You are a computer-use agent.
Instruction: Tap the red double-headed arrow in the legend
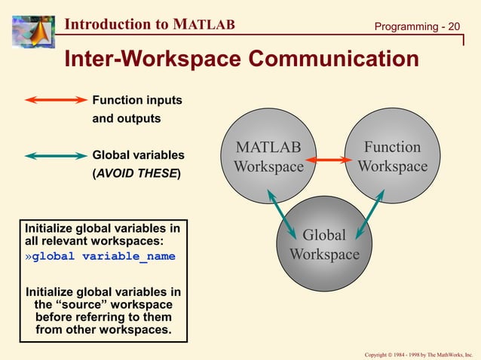coord(57,99)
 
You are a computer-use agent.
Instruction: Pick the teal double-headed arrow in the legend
coord(57,156)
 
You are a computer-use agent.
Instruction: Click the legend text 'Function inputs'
coord(136,99)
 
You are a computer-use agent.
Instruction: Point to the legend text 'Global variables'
coord(138,155)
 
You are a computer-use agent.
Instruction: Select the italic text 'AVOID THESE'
coord(136,174)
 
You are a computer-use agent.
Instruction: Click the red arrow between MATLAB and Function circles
coord(330,160)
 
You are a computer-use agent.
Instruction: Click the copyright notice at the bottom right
coord(418,353)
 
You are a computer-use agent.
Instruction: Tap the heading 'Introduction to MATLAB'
coord(150,25)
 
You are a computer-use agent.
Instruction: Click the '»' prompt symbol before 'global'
coord(29,257)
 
